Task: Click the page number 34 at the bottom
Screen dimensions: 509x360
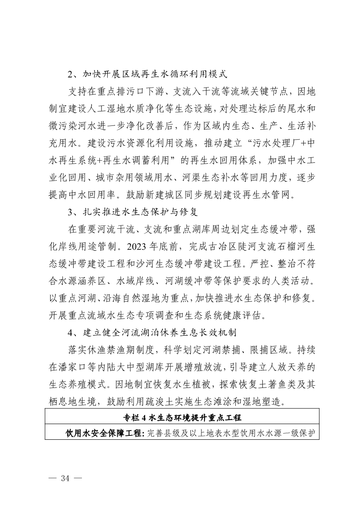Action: [65, 478]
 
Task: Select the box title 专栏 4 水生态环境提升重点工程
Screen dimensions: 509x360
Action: [182, 417]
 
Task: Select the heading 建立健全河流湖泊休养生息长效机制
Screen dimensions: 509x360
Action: [159, 333]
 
